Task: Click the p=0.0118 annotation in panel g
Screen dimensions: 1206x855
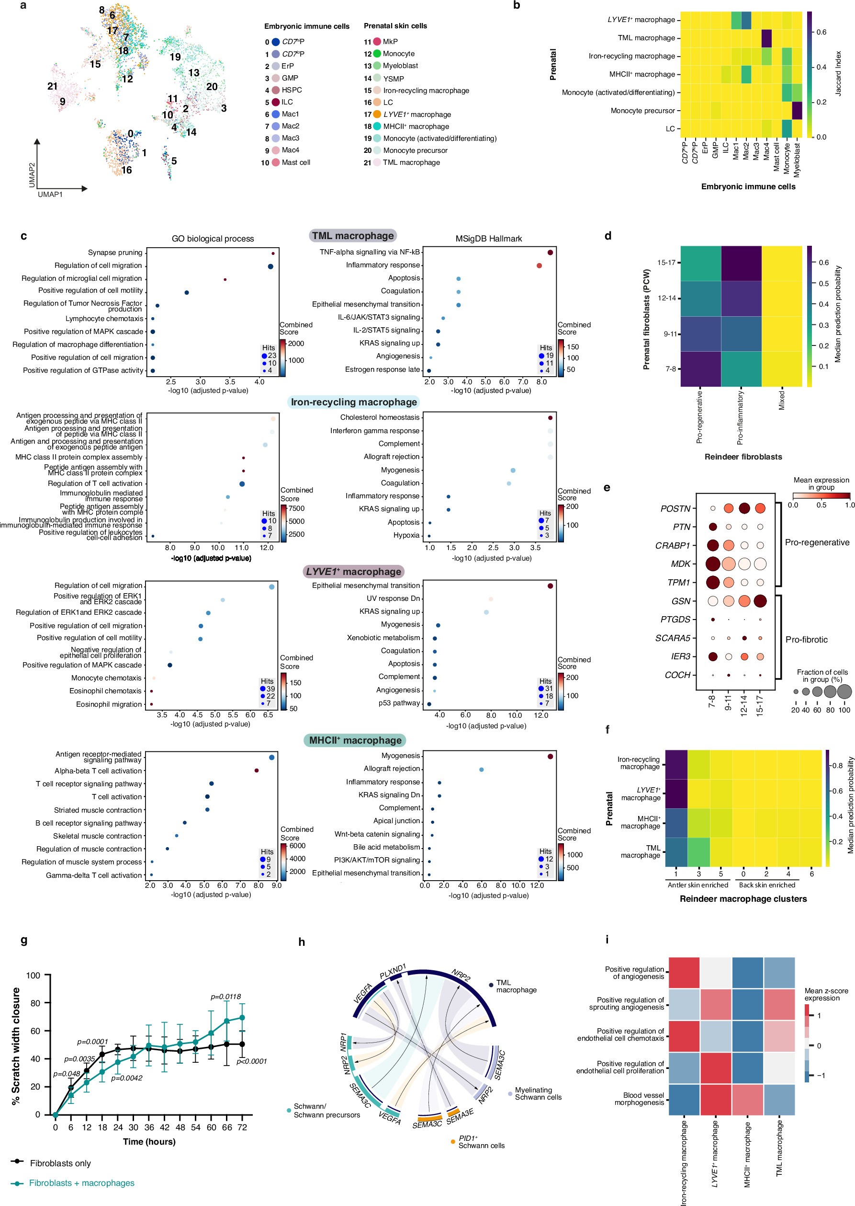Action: pos(226,996)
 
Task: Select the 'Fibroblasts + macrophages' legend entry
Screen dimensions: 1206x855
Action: pos(81,1183)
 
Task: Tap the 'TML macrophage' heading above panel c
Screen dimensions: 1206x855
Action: pos(352,236)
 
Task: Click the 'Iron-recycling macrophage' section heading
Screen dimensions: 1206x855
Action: pos(354,402)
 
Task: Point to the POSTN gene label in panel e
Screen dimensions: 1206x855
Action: pos(675,508)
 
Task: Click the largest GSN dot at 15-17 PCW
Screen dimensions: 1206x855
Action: pos(760,601)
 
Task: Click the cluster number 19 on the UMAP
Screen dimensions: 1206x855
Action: pos(175,57)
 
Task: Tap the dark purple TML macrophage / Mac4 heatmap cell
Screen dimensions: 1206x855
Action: pos(766,38)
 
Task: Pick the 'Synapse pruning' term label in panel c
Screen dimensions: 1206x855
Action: pos(115,253)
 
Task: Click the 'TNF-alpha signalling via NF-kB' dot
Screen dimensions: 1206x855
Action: pos(550,253)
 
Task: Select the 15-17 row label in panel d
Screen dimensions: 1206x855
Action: pos(666,263)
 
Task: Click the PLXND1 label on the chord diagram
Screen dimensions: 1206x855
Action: pos(393,971)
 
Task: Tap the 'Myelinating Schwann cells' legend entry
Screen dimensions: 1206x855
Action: pos(538,1093)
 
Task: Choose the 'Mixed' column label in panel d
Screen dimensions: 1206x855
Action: pos(781,401)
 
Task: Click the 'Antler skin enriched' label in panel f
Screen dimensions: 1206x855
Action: pos(697,884)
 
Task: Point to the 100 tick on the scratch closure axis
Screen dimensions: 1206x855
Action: pos(33,975)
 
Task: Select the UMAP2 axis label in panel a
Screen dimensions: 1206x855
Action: pos(32,175)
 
